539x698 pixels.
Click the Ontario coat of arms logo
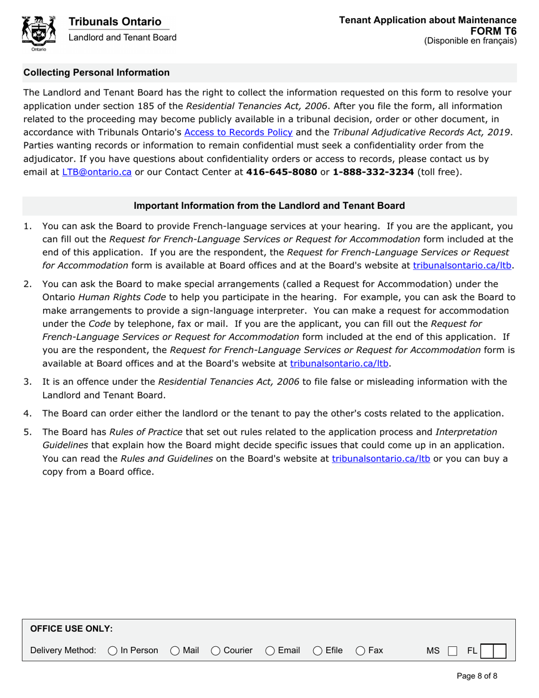pos(38,33)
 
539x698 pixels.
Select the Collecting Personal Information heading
pos(96,73)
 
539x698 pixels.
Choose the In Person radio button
pos(112,650)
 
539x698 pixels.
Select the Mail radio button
pos(175,650)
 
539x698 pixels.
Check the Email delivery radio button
pos(270,650)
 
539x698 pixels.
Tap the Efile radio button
pos(318,650)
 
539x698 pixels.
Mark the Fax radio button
pos(360,650)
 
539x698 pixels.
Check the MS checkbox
pos(452,650)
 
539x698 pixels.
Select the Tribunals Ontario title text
pos(115,22)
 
